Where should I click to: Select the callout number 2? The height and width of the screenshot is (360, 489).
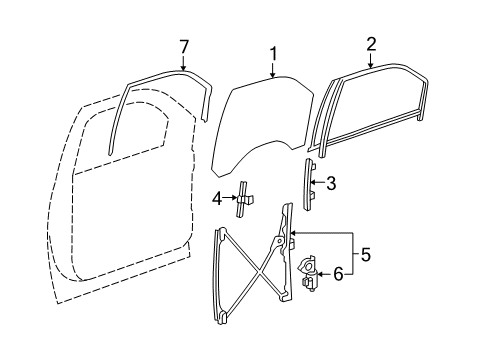pyautogui.click(x=371, y=43)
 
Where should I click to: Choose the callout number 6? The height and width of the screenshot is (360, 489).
pyautogui.click(x=338, y=272)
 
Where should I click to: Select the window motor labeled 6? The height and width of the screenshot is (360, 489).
pyautogui.click(x=309, y=271)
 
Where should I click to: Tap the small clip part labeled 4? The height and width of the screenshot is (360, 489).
pyautogui.click(x=244, y=200)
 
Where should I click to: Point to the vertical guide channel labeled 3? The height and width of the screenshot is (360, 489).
pyautogui.click(x=310, y=184)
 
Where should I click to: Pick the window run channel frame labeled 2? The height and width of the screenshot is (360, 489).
pyautogui.click(x=370, y=110)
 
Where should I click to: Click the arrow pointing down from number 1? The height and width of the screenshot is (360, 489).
pyautogui.click(x=270, y=68)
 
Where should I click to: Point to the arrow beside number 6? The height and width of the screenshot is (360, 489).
pyautogui.click(x=324, y=272)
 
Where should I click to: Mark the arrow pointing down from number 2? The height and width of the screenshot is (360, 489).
pyautogui.click(x=371, y=60)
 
